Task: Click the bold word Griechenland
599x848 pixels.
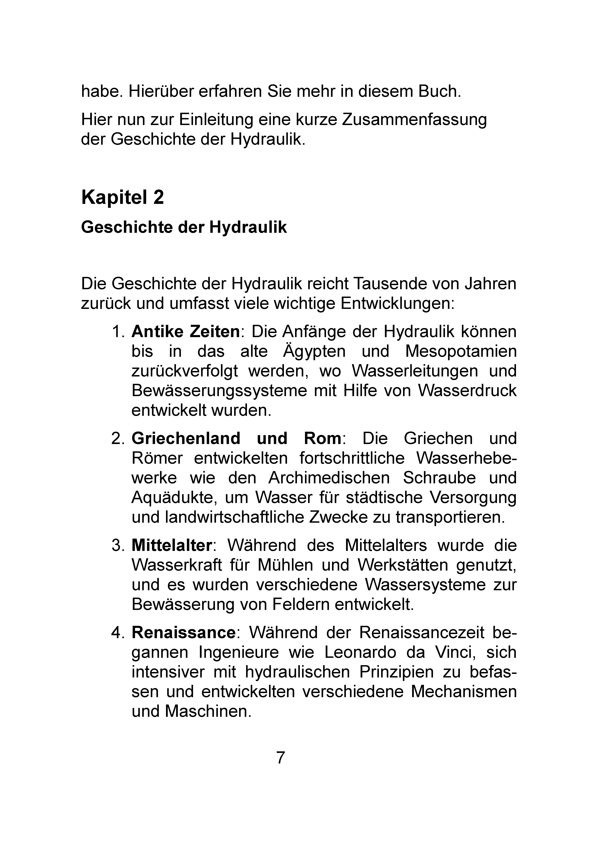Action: pos(186,438)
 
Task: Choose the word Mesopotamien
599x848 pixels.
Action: pos(461,351)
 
